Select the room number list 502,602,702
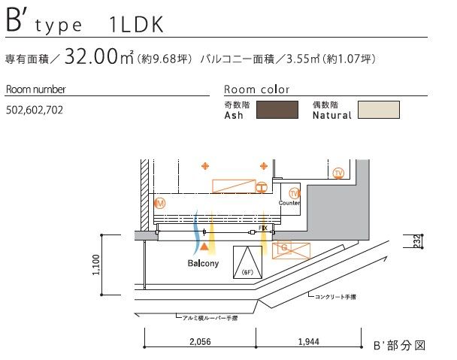click(x=35, y=110)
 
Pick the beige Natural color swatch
click(x=379, y=110)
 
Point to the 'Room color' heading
click(x=256, y=89)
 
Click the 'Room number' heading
click(x=35, y=89)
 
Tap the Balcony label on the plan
click(x=203, y=264)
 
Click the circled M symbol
click(x=160, y=204)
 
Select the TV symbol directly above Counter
click(x=294, y=193)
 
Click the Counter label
click(x=289, y=203)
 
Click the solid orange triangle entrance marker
click(x=204, y=247)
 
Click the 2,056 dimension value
click(x=200, y=341)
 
